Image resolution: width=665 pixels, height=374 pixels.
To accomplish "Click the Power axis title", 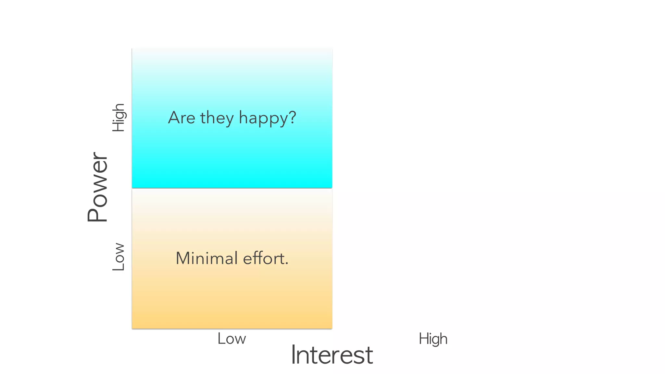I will tap(97, 187).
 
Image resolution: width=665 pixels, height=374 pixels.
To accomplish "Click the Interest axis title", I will tap(332, 355).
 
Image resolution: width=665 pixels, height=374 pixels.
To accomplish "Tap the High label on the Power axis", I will tap(118, 117).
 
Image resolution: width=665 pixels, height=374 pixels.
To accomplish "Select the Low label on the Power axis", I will tap(118, 256).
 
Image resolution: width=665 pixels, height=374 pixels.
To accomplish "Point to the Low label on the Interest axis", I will tap(232, 339).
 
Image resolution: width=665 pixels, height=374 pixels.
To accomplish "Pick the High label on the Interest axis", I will tap(433, 339).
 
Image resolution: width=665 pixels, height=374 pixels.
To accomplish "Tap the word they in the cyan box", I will tap(217, 118).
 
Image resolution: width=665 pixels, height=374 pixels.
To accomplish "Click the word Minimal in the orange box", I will tap(207, 258).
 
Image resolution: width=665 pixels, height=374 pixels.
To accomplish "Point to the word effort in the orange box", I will tap(263, 258).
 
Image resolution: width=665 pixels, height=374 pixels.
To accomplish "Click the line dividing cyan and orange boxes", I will tap(232, 188).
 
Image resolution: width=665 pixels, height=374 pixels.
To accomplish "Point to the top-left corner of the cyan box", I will tap(132, 49).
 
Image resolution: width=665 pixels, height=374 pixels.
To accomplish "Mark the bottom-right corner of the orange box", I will tap(332, 328).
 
